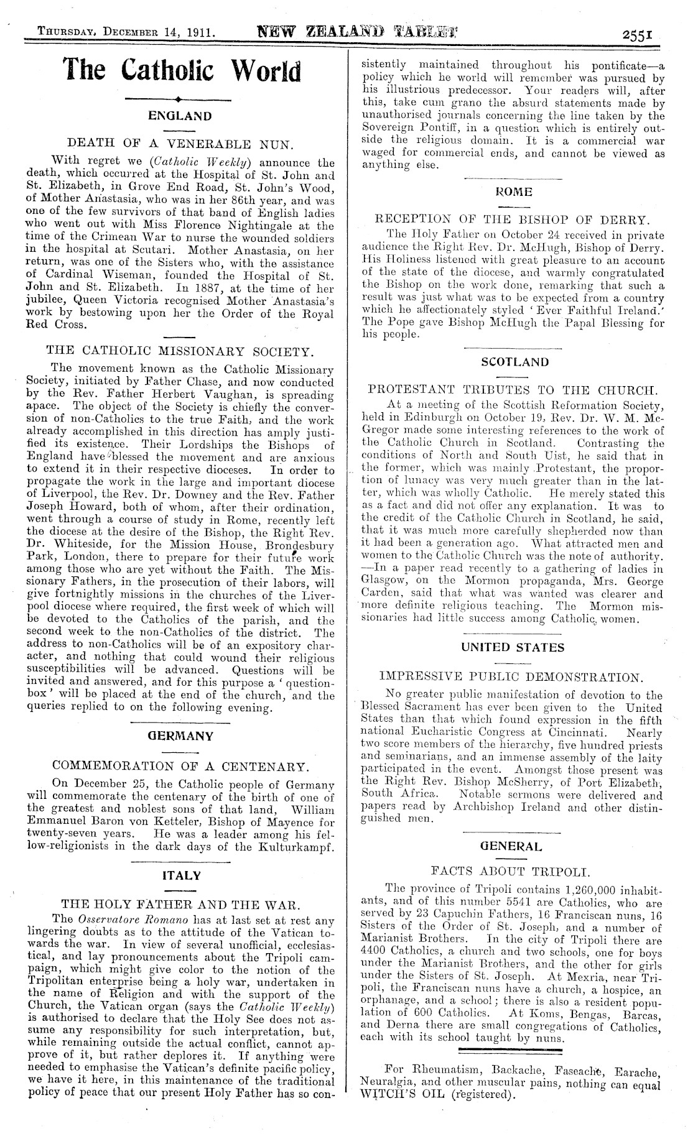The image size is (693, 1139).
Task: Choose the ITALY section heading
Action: click(180, 875)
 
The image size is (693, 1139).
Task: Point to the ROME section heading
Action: click(514, 192)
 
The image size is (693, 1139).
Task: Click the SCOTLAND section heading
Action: click(514, 362)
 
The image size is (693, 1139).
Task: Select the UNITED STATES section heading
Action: click(513, 647)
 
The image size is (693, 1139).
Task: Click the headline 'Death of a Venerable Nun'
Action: click(180, 145)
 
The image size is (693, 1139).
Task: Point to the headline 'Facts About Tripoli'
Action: click(513, 870)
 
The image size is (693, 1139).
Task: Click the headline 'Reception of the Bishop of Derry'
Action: click(513, 219)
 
